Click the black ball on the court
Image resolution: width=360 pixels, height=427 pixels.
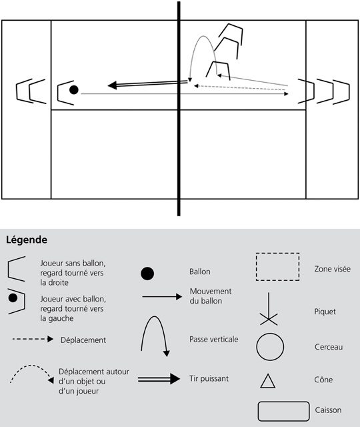click(74, 89)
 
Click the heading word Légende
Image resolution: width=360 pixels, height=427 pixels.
click(27, 240)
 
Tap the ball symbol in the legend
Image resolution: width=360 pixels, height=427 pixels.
click(147, 274)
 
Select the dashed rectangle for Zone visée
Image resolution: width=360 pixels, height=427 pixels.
click(277, 254)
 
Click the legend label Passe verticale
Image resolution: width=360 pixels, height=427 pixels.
click(213, 340)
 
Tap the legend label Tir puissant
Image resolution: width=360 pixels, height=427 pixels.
click(209, 379)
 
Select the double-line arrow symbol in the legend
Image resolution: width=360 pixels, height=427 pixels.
click(159, 379)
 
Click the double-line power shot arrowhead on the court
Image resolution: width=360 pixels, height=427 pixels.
click(113, 85)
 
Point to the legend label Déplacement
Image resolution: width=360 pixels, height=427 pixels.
click(83, 340)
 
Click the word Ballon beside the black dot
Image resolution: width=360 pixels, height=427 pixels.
click(200, 272)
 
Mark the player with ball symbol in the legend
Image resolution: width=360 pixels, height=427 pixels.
click(16, 301)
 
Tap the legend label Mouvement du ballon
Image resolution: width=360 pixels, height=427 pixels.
click(211, 296)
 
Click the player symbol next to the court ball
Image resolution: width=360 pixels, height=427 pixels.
click(59, 93)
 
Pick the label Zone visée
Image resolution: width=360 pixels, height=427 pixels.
click(332, 269)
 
